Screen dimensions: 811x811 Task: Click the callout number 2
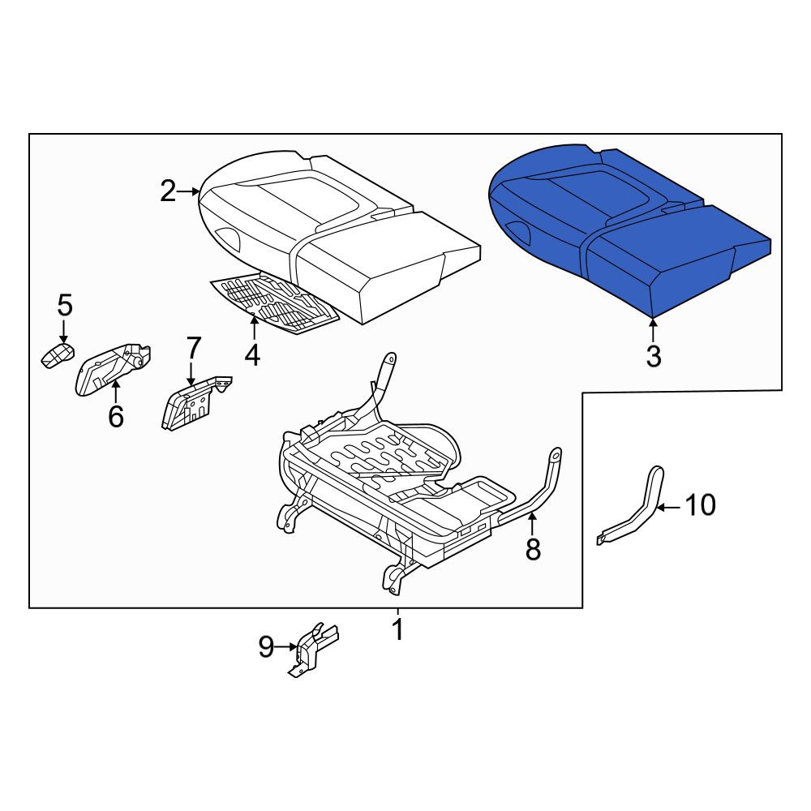(x=168, y=191)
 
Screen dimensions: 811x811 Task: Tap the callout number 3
(x=654, y=356)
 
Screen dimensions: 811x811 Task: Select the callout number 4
(x=252, y=355)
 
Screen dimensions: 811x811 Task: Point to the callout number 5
(x=65, y=305)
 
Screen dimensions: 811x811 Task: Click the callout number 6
(x=116, y=416)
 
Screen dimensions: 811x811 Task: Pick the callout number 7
(x=194, y=348)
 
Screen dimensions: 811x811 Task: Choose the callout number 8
(x=533, y=549)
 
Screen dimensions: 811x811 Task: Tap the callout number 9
(x=266, y=646)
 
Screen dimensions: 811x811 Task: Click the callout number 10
(x=701, y=504)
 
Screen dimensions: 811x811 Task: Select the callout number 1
(x=397, y=629)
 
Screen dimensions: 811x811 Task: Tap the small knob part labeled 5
(x=57, y=355)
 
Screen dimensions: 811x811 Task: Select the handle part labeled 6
(x=111, y=368)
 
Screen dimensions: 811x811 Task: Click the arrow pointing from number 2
(x=188, y=192)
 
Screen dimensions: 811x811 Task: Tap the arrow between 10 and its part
(x=669, y=508)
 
